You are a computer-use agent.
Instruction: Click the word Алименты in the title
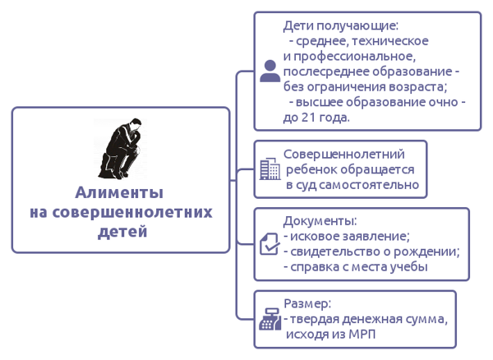119,192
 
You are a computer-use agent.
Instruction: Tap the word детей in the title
122,232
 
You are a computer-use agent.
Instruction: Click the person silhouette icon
270,71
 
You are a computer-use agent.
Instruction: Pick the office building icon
270,168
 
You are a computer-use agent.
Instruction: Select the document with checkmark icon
270,243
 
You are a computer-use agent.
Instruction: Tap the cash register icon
270,319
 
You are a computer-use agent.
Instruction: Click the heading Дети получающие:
340,25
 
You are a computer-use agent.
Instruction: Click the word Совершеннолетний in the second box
344,155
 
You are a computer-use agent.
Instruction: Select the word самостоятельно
369,185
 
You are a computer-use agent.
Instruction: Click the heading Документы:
320,221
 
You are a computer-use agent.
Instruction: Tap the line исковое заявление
347,237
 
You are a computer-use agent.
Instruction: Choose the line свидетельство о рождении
371,252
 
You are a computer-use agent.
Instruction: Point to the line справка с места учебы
356,267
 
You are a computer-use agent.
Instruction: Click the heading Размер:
307,304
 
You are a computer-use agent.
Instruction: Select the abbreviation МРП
362,334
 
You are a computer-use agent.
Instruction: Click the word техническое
389,41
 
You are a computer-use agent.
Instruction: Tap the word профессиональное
353,57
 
